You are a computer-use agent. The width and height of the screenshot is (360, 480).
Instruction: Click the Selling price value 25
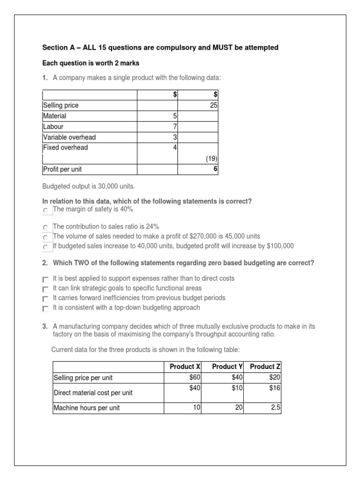(213, 105)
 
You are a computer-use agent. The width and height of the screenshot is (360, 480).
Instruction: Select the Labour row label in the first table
(53, 127)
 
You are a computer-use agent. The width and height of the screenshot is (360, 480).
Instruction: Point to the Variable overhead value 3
(174, 137)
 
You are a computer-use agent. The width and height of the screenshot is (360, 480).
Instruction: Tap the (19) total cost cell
(211, 159)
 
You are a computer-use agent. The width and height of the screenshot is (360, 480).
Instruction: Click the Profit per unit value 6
(215, 169)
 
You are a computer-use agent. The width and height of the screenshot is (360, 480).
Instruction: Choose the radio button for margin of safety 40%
(45, 211)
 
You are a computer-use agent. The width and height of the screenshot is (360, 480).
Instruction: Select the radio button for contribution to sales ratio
(45, 227)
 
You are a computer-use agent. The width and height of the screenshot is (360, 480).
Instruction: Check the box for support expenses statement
(45, 279)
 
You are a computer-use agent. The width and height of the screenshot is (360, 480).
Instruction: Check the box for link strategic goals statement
(45, 289)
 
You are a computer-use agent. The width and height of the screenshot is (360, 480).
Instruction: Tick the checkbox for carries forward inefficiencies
(45, 299)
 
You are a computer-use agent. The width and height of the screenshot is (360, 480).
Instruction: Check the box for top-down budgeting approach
(45, 309)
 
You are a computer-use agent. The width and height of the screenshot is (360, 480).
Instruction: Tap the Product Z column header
(265, 367)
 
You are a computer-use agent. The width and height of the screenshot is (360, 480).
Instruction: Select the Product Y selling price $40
(236, 377)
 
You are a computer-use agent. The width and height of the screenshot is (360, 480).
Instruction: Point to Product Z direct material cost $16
(275, 388)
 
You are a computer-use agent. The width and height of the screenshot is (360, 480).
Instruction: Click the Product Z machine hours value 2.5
(275, 408)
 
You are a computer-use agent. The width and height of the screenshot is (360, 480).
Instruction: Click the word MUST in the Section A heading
(212, 47)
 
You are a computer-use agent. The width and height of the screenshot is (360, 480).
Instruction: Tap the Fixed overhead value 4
(174, 148)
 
